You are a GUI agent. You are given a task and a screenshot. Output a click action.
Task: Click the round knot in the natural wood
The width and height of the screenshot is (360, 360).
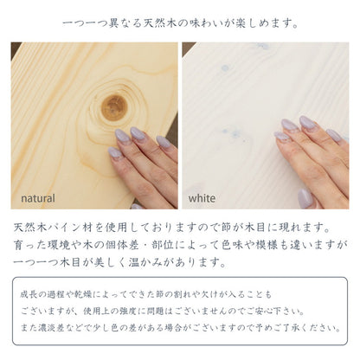pos(114,106)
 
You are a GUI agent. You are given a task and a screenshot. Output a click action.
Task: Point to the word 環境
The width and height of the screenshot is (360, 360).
pos(86,244)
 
